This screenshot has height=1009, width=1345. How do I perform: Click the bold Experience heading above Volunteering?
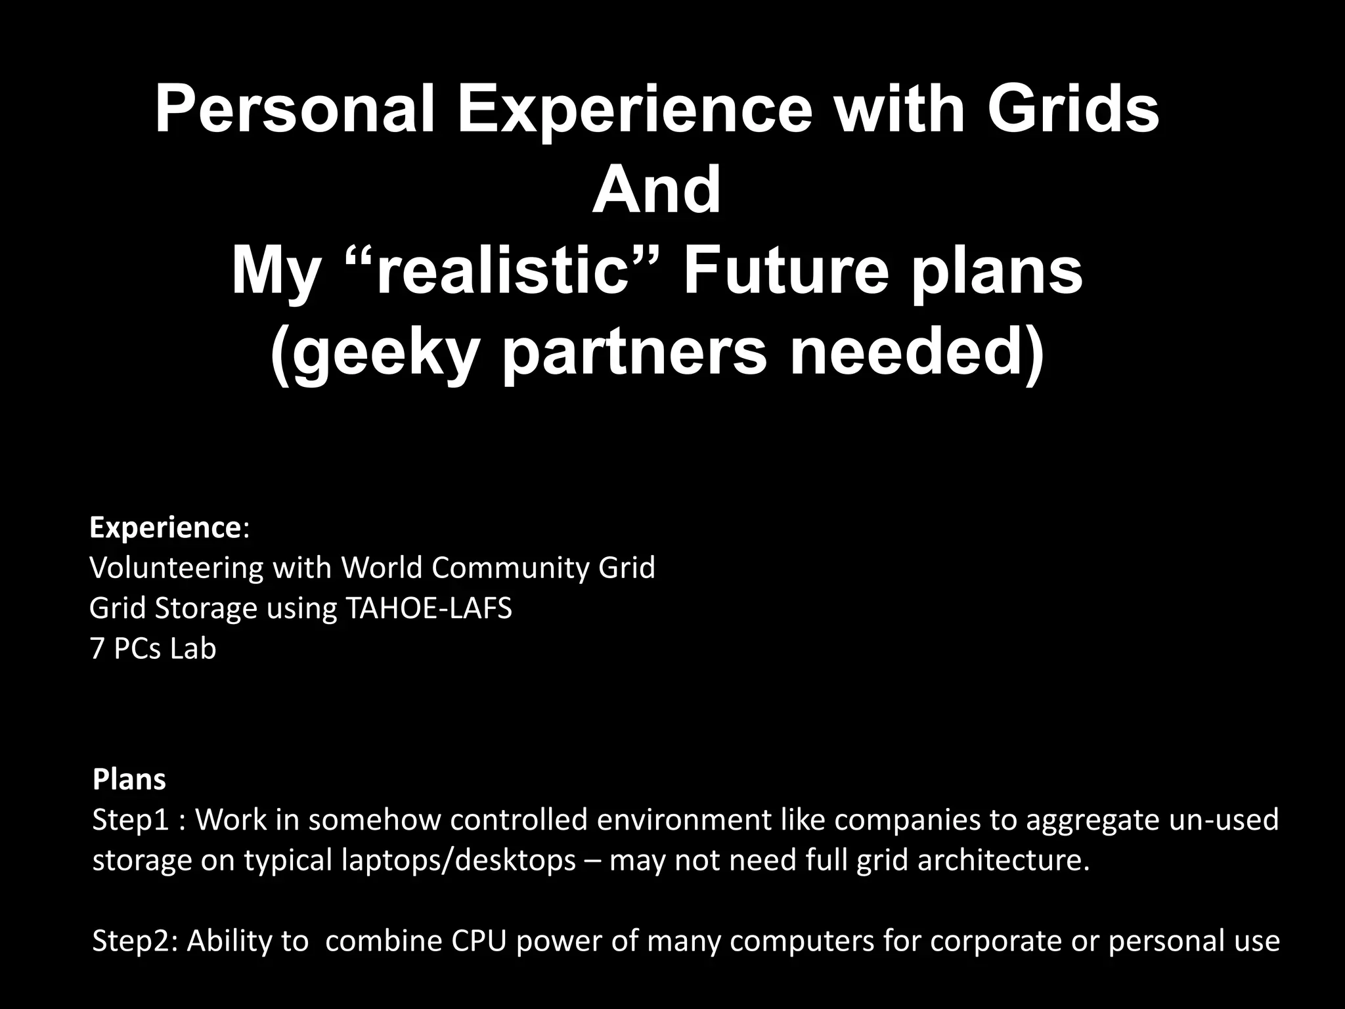[165, 527]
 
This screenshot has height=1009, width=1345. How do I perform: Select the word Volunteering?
[176, 568]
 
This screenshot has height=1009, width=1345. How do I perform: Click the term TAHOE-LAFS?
[428, 608]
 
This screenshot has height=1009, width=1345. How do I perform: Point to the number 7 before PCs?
[97, 649]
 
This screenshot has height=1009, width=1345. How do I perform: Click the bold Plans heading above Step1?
[129, 780]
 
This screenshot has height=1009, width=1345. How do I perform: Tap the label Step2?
[135, 941]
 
